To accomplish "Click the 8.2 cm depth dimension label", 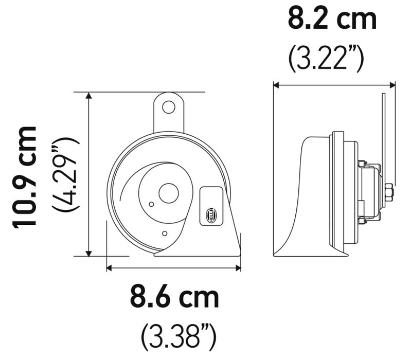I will [332, 20].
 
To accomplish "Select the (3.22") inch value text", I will [326, 58].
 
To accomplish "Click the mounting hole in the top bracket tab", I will [168, 107].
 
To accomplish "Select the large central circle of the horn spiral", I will [168, 193].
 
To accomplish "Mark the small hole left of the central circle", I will [151, 204].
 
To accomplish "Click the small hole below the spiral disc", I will [164, 233].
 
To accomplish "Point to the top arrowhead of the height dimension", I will [89, 96].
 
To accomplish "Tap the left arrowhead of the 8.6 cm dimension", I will [110, 267].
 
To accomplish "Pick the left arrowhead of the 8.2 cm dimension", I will [276, 85].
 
